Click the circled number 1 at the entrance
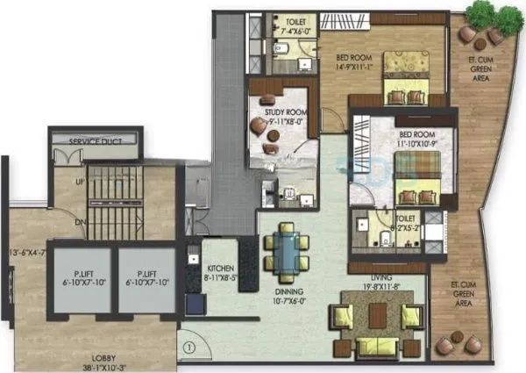point(188,346)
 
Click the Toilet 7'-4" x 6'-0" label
point(283,24)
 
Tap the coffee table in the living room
point(378,315)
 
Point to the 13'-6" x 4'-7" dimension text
point(25,255)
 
